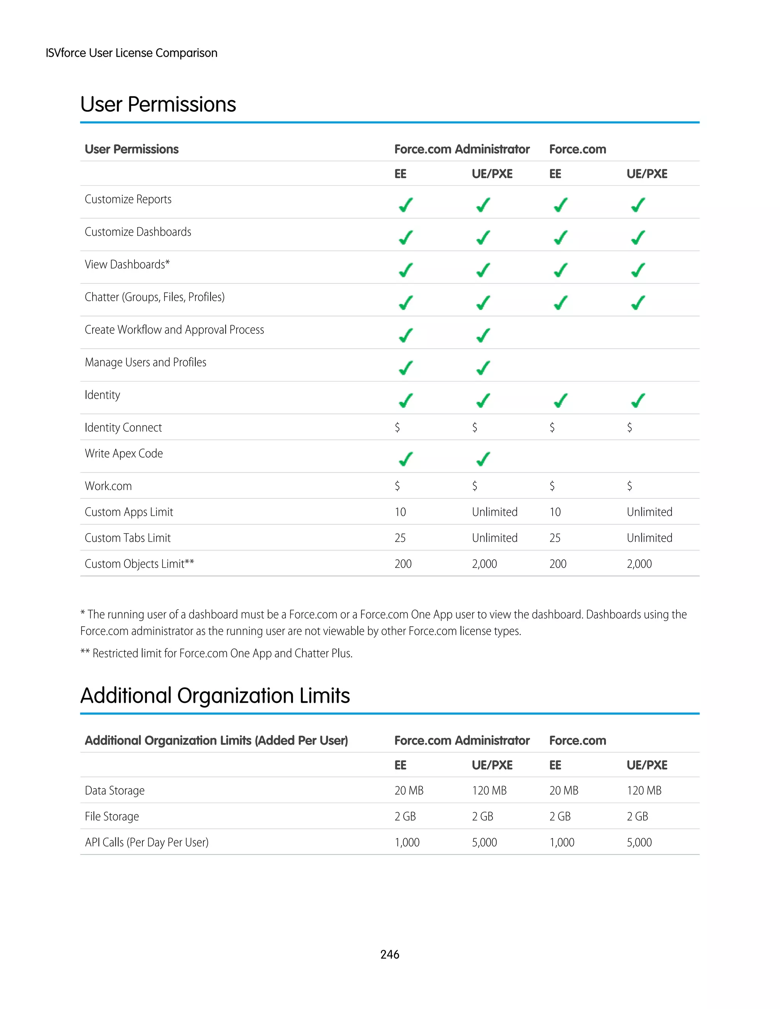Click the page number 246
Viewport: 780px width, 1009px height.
(x=390, y=954)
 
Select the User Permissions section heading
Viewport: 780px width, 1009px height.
(x=158, y=104)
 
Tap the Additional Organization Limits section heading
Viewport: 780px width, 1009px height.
(x=215, y=695)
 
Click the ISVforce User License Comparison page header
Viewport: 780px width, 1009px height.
(x=131, y=53)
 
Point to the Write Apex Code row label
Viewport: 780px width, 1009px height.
(x=123, y=454)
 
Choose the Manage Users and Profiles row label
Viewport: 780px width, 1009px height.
(x=145, y=362)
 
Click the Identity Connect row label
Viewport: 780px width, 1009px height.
(x=123, y=428)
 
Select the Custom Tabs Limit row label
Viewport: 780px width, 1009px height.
(x=128, y=538)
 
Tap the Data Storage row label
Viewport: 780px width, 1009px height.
(x=114, y=790)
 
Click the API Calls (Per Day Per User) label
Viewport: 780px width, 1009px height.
(x=147, y=842)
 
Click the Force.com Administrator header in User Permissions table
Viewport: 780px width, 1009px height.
(x=462, y=149)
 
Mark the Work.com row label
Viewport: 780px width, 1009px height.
(x=108, y=486)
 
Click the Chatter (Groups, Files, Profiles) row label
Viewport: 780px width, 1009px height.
(x=154, y=297)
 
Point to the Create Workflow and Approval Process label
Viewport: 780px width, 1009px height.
(x=174, y=330)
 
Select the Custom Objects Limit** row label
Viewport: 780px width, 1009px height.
(x=139, y=564)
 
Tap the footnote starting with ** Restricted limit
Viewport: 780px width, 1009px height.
(x=216, y=653)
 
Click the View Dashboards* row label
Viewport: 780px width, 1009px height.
(x=127, y=265)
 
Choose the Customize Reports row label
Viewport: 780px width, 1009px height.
(x=128, y=200)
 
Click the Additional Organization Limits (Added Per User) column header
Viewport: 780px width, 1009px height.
(x=216, y=741)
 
